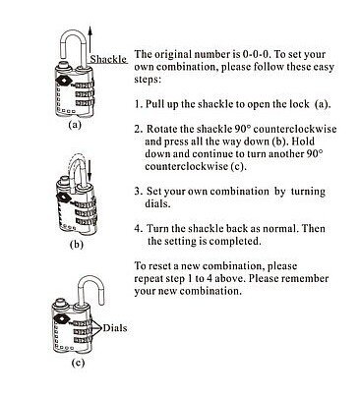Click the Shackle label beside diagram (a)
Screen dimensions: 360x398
108,59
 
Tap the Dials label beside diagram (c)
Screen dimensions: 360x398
115,328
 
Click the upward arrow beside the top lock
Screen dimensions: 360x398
90,43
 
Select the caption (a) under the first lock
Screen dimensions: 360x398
75,125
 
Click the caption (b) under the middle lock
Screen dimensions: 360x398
77,245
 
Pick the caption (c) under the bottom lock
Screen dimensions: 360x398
78,363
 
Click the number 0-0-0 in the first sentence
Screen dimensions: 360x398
256,54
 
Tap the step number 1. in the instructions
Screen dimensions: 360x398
138,104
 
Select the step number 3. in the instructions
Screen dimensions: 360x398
138,191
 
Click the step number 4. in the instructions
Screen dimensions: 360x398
138,228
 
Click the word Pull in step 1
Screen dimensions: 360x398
154,104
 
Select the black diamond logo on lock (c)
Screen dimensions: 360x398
60,317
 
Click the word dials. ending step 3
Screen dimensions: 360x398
157,203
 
